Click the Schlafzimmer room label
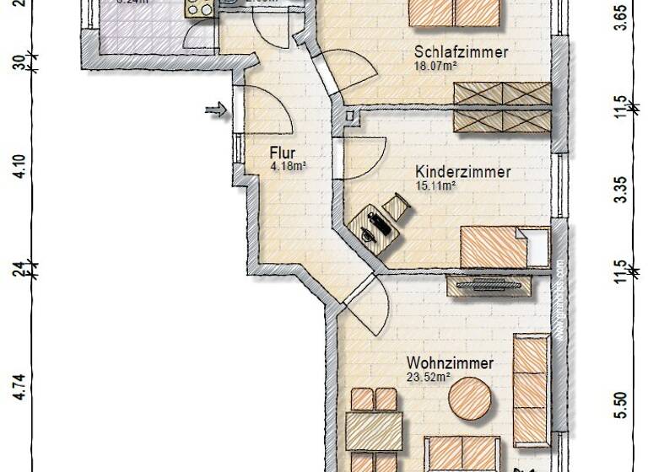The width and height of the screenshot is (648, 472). [x=461, y=51]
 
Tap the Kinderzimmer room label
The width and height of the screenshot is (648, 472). [x=463, y=172]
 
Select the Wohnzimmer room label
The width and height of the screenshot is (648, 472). [x=450, y=363]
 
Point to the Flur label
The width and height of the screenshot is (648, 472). [x=282, y=153]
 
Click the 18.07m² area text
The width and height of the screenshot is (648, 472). [x=435, y=65]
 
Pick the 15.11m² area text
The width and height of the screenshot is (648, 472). [x=436, y=185]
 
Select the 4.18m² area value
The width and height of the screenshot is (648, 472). [x=288, y=167]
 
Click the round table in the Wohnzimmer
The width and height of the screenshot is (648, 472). [x=470, y=399]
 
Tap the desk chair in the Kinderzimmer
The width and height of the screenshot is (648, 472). [x=396, y=204]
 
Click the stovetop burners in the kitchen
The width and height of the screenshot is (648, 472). [x=200, y=8]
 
